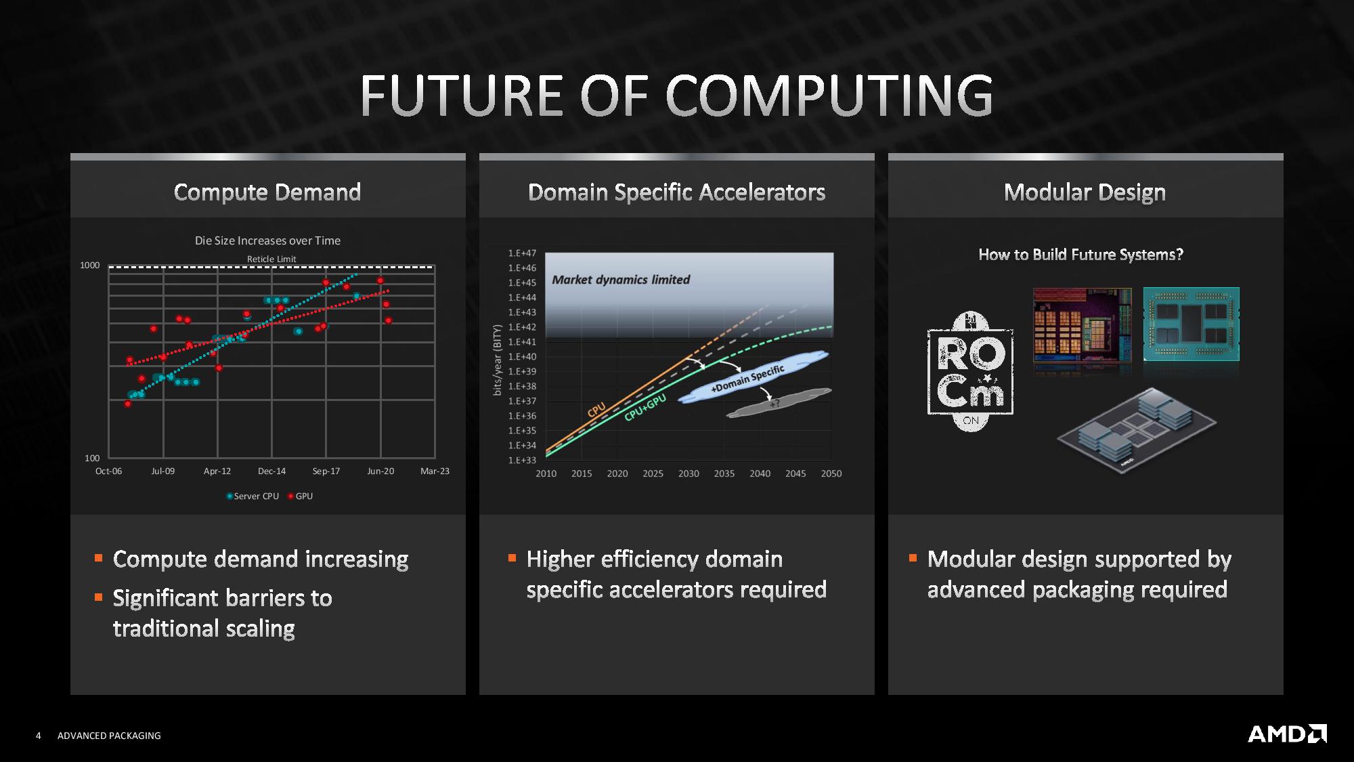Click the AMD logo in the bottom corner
click(x=1287, y=734)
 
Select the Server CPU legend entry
click(x=253, y=496)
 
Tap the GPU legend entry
click(x=301, y=496)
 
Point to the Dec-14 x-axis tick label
click(x=271, y=471)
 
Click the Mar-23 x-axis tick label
click(x=435, y=471)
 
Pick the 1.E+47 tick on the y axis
click(x=522, y=253)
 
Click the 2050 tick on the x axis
click(x=831, y=473)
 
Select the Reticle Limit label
click(x=271, y=259)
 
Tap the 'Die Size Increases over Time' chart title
click(x=267, y=240)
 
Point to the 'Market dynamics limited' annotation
click(x=621, y=280)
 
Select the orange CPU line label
click(x=596, y=410)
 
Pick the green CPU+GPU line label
click(x=645, y=407)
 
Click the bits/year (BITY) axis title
click(x=497, y=360)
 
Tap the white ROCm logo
click(x=970, y=371)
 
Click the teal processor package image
click(x=1192, y=324)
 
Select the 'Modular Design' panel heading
click(x=1085, y=192)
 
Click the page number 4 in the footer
click(x=39, y=736)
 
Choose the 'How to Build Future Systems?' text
click(x=1080, y=255)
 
